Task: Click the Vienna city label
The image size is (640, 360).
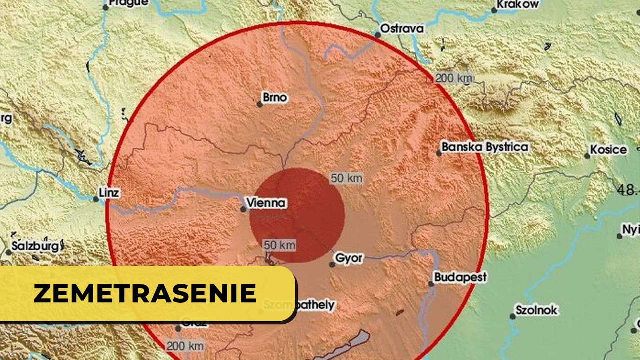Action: pos(267,203)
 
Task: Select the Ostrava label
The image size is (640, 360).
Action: pos(402,29)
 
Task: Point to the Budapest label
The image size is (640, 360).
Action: pos(460,277)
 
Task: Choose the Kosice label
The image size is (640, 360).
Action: pos(608,150)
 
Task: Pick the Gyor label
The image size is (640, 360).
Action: pos(349,258)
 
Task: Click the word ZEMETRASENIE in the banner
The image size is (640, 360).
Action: pos(145,294)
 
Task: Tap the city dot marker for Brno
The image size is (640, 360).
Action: pos(260,104)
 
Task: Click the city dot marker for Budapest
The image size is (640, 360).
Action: pos(431,284)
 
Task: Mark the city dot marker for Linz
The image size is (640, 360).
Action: pos(96,199)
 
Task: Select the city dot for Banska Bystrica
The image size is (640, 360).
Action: pos(439,153)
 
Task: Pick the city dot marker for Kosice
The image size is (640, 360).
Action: pos(587,156)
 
